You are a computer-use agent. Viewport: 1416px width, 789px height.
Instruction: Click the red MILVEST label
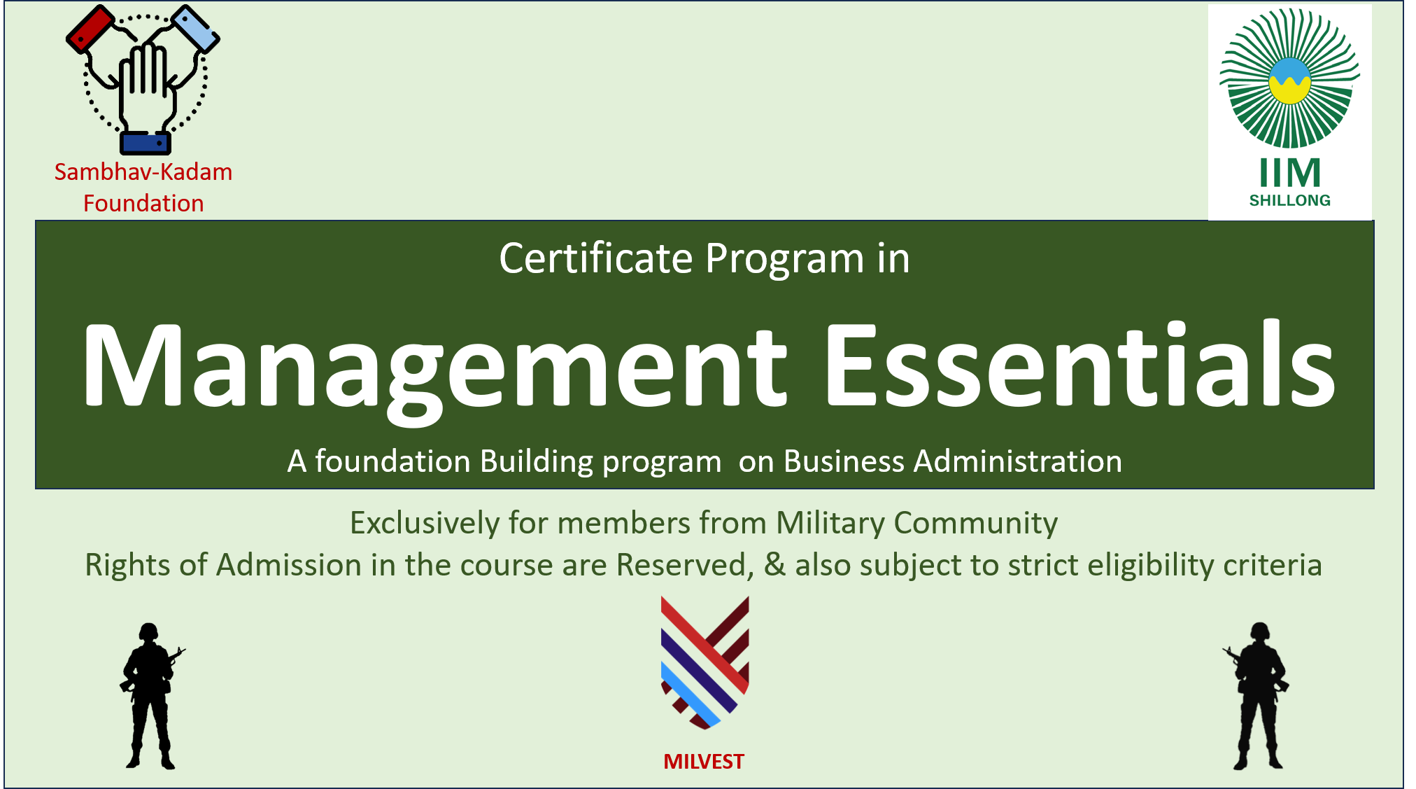[x=704, y=762]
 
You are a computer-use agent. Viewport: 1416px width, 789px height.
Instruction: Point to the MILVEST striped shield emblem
[x=705, y=662]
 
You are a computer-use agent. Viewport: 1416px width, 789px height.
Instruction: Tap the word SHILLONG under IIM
[x=1290, y=201]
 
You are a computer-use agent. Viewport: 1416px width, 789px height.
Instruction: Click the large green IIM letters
[x=1290, y=172]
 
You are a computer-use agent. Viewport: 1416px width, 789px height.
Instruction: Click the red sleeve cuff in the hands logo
[x=90, y=28]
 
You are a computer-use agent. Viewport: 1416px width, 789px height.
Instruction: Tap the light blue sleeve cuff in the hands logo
[x=196, y=28]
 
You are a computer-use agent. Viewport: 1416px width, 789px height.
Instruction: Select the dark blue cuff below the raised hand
[x=145, y=143]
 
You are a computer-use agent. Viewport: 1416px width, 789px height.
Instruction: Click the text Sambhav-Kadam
[x=143, y=172]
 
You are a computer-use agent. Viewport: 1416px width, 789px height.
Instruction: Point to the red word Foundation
[x=143, y=204]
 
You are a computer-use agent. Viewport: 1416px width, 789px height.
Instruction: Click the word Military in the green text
[x=830, y=523]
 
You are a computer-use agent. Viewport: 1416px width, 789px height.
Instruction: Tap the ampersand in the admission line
[x=774, y=564]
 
